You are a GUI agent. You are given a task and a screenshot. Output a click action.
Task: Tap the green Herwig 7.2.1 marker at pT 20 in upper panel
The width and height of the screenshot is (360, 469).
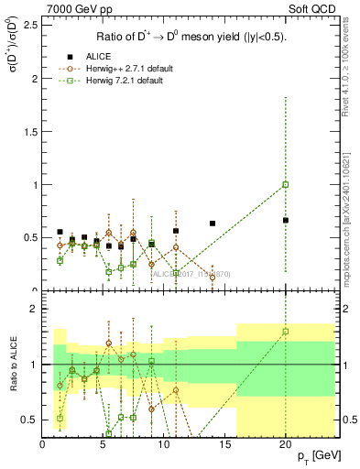(286, 184)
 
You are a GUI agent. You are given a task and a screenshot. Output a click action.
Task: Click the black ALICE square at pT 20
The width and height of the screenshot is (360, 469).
(286, 220)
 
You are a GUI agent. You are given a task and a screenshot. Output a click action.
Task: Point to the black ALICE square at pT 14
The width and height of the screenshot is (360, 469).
(213, 224)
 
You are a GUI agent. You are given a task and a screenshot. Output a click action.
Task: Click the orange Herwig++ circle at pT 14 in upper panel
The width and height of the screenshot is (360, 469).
(213, 277)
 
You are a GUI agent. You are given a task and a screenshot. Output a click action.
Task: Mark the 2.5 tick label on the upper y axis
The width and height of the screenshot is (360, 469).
(28, 25)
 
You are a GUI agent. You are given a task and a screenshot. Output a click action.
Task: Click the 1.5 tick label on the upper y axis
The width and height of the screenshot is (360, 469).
(28, 131)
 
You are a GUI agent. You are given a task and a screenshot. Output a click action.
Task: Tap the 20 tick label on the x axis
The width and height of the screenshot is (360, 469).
(286, 444)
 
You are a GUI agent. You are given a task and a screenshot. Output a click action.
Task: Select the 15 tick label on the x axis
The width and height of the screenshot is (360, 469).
(224, 444)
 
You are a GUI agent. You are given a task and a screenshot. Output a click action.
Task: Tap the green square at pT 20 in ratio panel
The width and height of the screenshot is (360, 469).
(286, 332)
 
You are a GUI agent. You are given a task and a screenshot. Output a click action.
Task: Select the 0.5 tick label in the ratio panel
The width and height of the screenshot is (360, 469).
(28, 420)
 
